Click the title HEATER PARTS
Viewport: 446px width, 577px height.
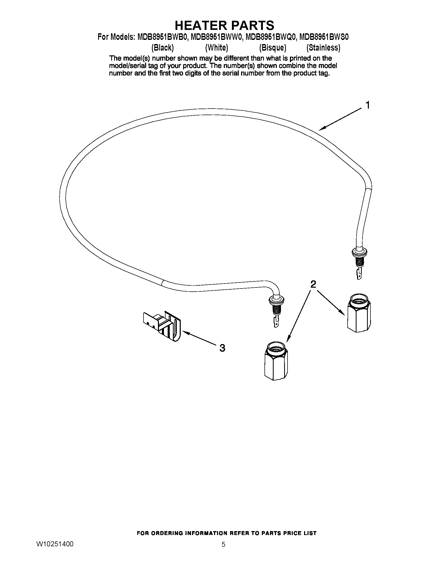click(224, 26)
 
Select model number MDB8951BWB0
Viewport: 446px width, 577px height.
click(162, 37)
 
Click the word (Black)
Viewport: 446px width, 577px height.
click(162, 47)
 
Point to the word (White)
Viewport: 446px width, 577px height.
click(216, 47)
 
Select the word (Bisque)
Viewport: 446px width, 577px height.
click(273, 47)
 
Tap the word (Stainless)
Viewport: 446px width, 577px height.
click(323, 47)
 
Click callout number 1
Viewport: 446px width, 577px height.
click(367, 105)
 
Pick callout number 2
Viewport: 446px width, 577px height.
click(313, 284)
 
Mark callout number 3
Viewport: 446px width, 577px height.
click(222, 348)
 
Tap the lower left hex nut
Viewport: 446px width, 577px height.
click(276, 360)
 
